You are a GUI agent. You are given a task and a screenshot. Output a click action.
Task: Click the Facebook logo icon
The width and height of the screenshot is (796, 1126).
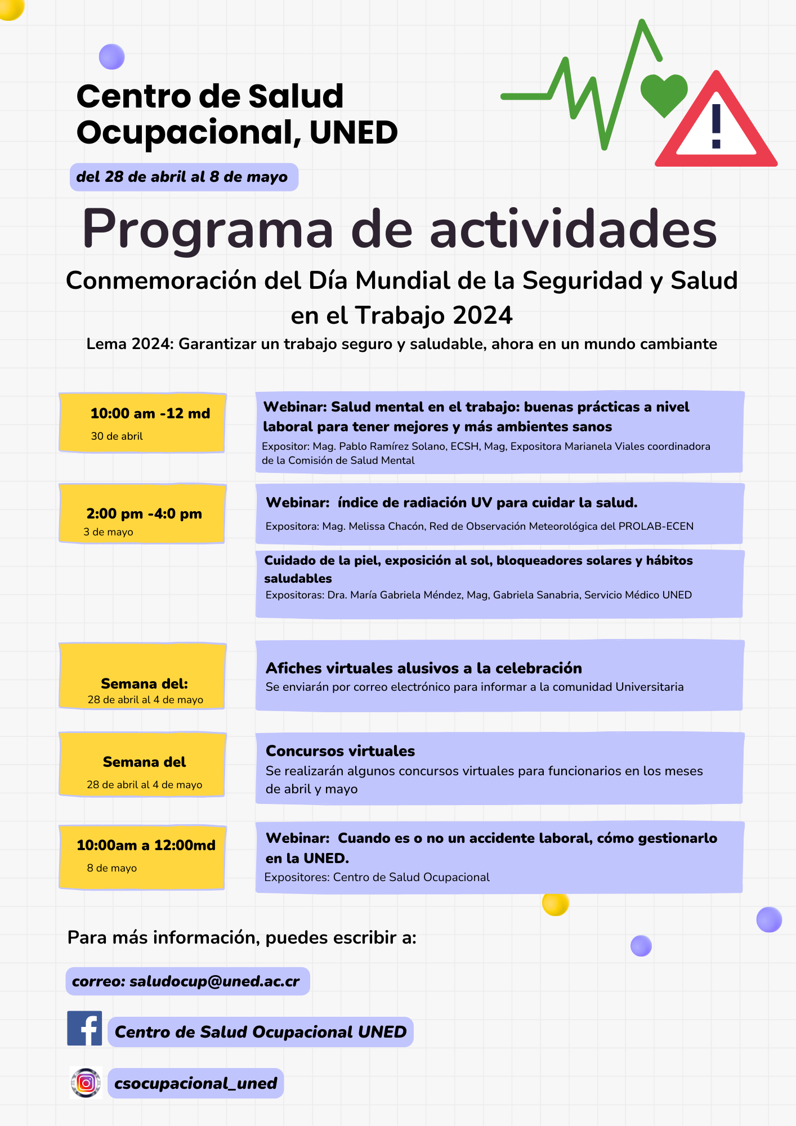click(84, 1028)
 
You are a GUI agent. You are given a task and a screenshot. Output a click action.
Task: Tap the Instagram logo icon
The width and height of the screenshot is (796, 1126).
click(86, 1083)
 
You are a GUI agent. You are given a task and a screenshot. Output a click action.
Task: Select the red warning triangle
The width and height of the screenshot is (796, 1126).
click(716, 127)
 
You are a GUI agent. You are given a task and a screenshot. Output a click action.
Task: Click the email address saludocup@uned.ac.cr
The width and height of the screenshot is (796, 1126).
click(214, 981)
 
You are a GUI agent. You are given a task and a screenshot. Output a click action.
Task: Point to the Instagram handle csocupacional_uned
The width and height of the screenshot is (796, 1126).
click(195, 1083)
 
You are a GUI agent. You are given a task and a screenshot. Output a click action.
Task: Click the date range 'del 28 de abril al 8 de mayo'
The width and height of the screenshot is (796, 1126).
click(182, 177)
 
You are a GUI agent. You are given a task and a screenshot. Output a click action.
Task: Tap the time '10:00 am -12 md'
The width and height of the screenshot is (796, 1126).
click(150, 413)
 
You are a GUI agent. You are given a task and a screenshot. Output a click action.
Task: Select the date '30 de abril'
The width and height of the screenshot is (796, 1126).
click(117, 436)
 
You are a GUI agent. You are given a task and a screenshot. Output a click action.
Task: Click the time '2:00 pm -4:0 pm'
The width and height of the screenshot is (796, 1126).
click(144, 513)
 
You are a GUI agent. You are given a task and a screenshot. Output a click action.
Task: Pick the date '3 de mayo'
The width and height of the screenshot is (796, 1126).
click(108, 532)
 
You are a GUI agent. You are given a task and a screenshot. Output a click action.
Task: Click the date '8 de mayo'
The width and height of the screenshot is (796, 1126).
click(111, 868)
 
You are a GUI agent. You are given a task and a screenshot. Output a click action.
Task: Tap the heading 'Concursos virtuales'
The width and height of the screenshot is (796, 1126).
click(340, 751)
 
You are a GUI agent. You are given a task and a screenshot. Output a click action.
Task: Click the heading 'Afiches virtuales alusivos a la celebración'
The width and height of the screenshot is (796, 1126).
click(423, 668)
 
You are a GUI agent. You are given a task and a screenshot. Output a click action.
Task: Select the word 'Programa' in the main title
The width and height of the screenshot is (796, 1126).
click(208, 229)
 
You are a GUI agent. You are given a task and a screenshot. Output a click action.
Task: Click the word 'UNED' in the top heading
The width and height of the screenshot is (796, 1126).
click(354, 133)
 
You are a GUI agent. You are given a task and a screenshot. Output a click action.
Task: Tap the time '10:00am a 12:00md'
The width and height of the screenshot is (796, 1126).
click(146, 845)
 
